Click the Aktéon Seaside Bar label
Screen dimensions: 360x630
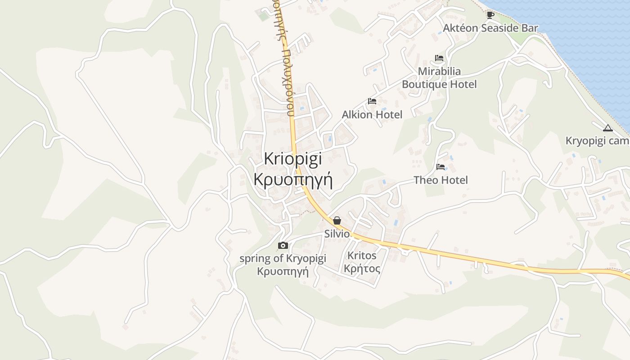490,28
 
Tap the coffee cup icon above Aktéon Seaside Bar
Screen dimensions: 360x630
490,15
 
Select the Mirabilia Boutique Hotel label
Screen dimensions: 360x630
439,78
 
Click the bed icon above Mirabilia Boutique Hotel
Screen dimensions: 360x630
439,58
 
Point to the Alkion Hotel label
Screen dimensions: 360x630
372,114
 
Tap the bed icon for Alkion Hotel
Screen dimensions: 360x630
372,101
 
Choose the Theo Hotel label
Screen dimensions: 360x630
441,180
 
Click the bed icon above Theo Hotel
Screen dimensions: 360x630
441,167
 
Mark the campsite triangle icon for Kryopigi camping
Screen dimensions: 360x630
608,128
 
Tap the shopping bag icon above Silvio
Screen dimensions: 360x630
337,220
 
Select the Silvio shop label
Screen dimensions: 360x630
337,234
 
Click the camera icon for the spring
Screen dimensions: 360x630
283,245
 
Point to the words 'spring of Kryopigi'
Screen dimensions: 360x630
283,258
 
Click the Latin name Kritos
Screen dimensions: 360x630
362,256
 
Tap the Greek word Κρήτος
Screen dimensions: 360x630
362,269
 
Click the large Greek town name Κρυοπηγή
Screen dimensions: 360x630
293,179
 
